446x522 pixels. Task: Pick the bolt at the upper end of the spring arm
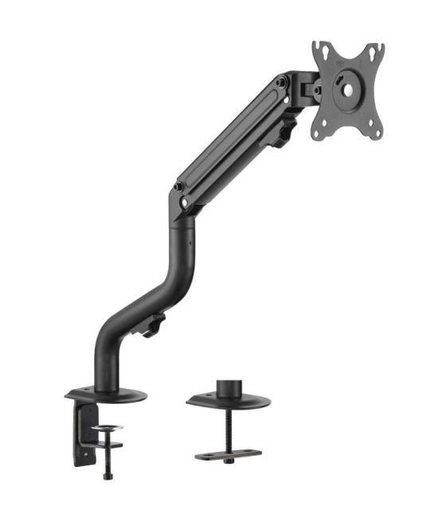[x=281, y=81]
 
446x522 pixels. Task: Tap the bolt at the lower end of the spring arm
[x=178, y=187]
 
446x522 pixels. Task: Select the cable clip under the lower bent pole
[x=153, y=325]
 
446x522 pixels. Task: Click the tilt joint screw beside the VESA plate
[x=316, y=90]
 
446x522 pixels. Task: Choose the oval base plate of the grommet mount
[x=228, y=401]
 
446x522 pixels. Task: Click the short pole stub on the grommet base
[x=229, y=388]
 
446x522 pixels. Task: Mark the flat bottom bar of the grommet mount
[x=229, y=455]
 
